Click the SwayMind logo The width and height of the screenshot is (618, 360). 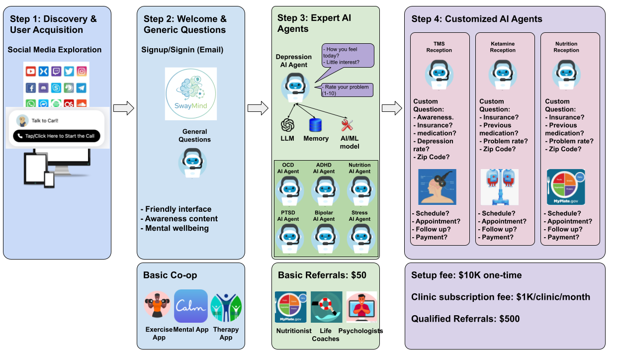point(191,94)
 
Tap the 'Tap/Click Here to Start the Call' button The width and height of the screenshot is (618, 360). point(57,136)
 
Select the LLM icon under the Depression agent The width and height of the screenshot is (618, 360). point(287,125)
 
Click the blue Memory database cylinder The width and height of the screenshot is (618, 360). point(316,125)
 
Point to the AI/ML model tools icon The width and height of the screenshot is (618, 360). point(347,125)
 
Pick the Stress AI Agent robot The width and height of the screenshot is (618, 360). point(359,237)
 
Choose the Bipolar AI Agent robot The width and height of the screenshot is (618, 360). point(324,237)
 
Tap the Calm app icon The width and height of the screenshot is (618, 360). point(191,306)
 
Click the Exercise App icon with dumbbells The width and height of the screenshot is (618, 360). point(158,306)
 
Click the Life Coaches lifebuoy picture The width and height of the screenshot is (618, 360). point(326,307)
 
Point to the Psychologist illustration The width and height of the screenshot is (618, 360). point(361,307)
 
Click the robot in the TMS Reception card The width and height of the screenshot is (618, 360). point(439,75)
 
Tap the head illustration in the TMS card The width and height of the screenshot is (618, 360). point(437,187)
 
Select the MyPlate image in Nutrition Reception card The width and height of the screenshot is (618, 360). point(565,187)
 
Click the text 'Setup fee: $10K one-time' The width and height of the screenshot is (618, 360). point(466,275)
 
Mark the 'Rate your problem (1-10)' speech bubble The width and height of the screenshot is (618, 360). point(347,90)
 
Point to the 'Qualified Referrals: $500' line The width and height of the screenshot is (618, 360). point(465,319)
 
